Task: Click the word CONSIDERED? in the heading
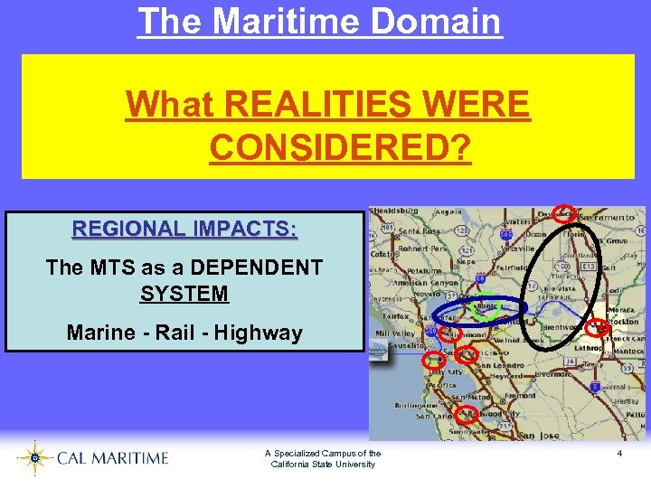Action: click(340, 145)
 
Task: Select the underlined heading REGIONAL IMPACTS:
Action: click(184, 228)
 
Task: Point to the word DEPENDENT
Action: click(260, 267)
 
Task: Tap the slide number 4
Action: click(619, 452)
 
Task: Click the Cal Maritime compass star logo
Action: click(35, 458)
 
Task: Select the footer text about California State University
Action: click(323, 458)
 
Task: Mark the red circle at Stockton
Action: click(598, 328)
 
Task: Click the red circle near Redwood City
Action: click(467, 415)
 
